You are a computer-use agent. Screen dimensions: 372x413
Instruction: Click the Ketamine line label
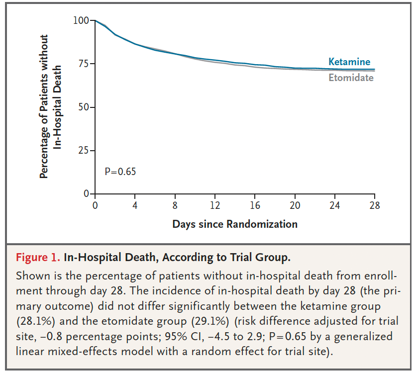pyautogui.click(x=349, y=62)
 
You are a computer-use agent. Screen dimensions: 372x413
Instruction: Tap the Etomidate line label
pyautogui.click(x=351, y=78)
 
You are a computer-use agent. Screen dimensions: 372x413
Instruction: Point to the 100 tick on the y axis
pyautogui.click(x=81, y=20)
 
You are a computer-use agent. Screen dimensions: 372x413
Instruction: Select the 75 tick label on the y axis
pyautogui.click(x=84, y=64)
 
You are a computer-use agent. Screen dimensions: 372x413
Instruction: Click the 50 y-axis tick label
pyautogui.click(x=84, y=107)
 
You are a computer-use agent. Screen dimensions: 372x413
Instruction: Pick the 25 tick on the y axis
pyautogui.click(x=84, y=151)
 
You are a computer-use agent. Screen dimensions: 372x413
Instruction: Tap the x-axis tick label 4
pyautogui.click(x=135, y=205)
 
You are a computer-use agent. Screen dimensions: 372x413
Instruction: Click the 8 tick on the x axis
pyautogui.click(x=175, y=205)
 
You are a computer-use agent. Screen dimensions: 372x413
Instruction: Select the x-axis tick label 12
pyautogui.click(x=215, y=205)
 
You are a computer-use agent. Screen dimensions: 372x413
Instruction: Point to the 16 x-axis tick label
pyautogui.click(x=255, y=205)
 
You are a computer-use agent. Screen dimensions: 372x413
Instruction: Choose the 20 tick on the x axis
pyautogui.click(x=295, y=205)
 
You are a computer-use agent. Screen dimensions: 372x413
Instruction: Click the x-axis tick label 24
pyautogui.click(x=335, y=205)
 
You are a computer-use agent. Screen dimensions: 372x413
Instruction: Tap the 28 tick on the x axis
pyautogui.click(x=375, y=205)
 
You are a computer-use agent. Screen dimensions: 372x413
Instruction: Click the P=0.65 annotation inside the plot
pyautogui.click(x=120, y=172)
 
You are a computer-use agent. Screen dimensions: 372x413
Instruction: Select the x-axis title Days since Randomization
pyautogui.click(x=235, y=224)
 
